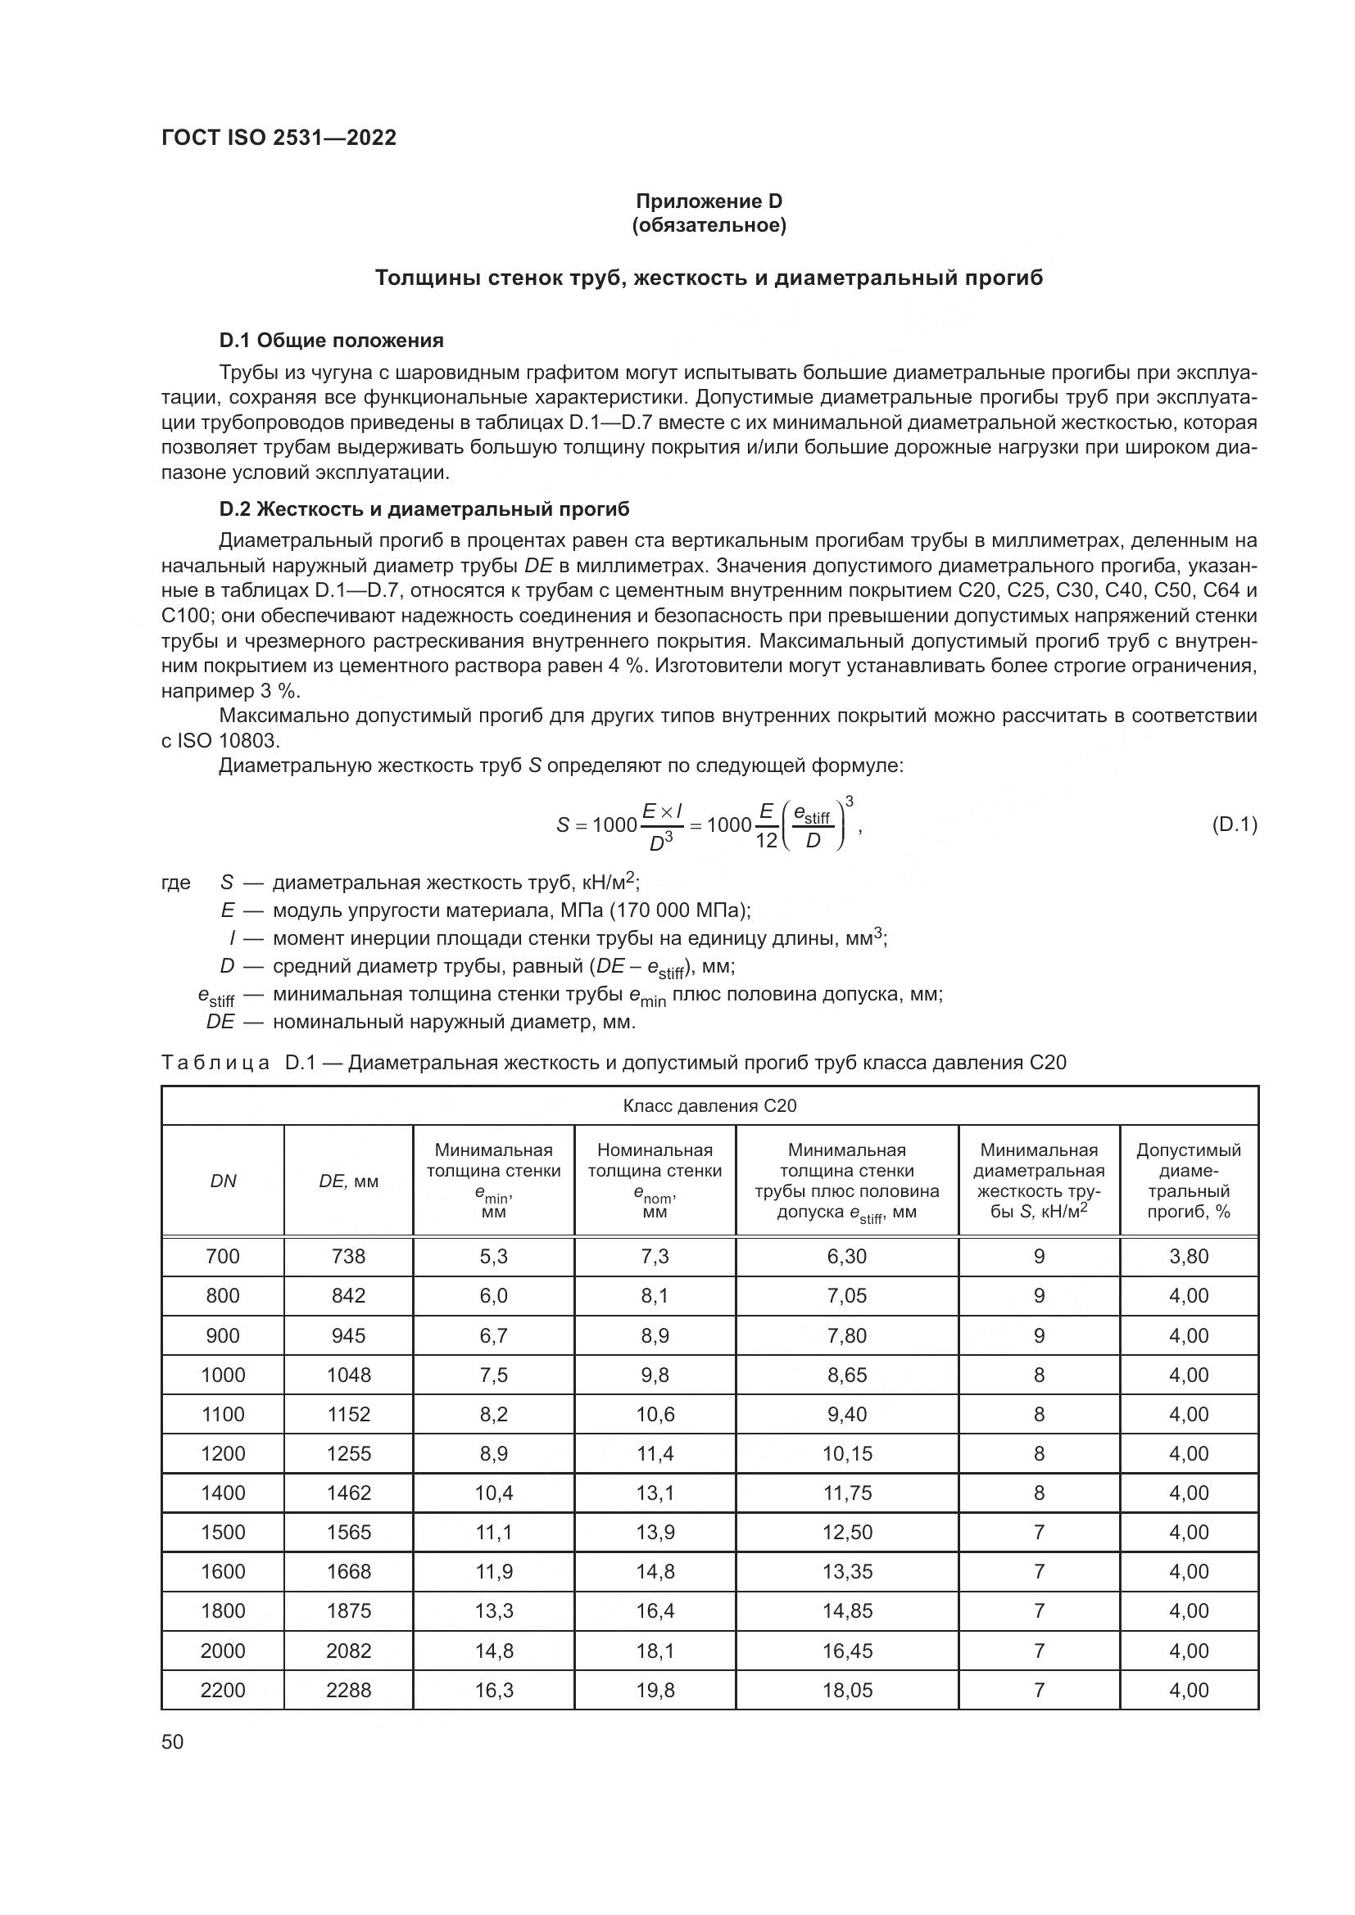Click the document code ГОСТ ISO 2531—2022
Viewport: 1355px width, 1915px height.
click(x=279, y=138)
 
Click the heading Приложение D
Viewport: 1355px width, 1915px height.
click(x=709, y=201)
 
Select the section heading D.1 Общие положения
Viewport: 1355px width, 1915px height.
click(x=330, y=341)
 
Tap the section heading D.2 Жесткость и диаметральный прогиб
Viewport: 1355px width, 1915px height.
click(x=424, y=508)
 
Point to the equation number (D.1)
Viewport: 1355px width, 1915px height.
click(x=1233, y=825)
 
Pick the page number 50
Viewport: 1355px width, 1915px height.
click(x=173, y=1741)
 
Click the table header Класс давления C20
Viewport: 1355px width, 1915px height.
click(x=709, y=1106)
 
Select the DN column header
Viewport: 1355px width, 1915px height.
click(x=223, y=1181)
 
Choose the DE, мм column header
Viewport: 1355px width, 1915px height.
click(x=348, y=1181)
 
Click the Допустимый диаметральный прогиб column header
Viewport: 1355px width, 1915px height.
click(x=1188, y=1181)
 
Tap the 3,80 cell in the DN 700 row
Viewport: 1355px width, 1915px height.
click(x=1188, y=1256)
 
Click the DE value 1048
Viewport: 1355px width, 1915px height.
click(x=348, y=1375)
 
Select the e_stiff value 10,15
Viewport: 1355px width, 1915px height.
click(x=847, y=1454)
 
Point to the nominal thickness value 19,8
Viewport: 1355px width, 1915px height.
click(x=655, y=1690)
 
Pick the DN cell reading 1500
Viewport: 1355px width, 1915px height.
click(x=223, y=1532)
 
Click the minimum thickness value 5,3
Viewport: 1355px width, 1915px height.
click(x=493, y=1256)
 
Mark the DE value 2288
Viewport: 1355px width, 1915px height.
click(x=348, y=1690)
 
